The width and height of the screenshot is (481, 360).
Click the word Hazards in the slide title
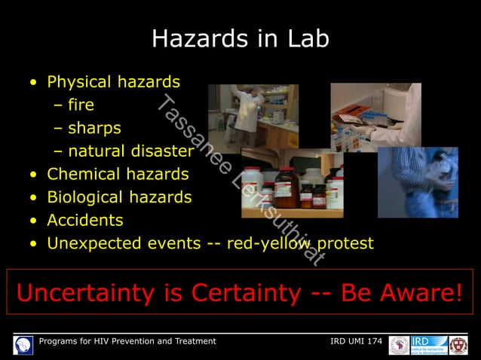point(195,39)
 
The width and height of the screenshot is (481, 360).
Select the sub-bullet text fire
point(81,105)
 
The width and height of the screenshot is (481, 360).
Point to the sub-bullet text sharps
point(93,128)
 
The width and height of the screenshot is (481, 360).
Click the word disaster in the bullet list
point(162,151)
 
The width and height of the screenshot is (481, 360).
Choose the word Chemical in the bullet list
point(84,174)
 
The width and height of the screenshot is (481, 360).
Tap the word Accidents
point(84,221)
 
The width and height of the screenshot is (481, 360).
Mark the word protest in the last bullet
point(345,244)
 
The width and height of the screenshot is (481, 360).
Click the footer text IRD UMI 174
point(356,341)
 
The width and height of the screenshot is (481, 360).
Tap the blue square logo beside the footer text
point(23,345)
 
